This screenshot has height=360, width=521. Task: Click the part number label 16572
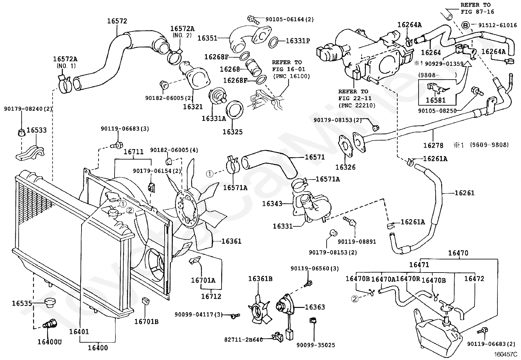117,21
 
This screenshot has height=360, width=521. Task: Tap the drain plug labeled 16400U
48,325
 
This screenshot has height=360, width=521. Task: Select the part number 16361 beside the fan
231,241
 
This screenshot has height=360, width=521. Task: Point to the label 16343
272,204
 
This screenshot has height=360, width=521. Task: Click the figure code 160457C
505,354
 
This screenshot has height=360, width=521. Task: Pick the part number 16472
474,279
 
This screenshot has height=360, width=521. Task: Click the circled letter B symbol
465,25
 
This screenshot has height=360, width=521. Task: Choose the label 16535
22,303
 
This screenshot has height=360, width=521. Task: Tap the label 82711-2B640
243,340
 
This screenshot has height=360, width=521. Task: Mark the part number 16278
433,145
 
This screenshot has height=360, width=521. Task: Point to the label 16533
36,130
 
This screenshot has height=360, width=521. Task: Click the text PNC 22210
357,105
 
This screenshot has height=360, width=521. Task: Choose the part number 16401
79,332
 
